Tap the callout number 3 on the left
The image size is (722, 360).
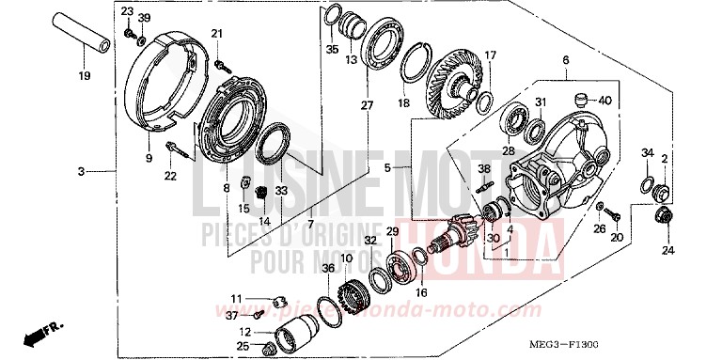82,171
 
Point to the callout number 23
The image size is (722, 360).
127,10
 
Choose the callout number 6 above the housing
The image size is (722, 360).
565,60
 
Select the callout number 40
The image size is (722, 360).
604,101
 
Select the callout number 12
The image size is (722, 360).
243,332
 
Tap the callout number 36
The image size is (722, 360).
327,269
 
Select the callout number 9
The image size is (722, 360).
148,159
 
